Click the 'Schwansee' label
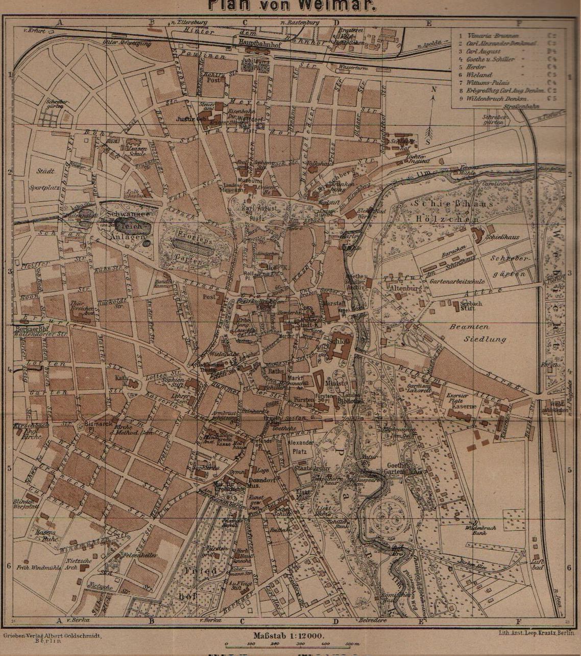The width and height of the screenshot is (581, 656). tap(128, 214)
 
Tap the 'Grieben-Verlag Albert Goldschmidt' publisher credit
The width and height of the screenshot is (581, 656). tap(53, 636)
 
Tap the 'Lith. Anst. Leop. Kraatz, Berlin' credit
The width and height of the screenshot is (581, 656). tap(536, 632)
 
